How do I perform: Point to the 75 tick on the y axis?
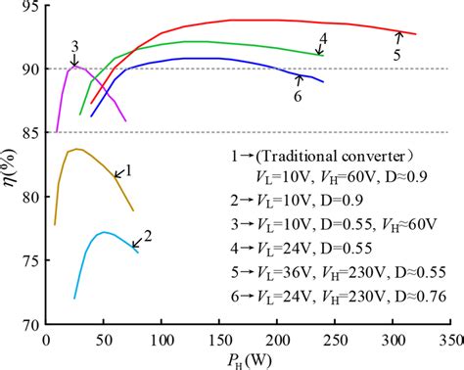[27, 260]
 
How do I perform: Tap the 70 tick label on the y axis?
[27, 324]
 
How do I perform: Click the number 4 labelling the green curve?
[322, 39]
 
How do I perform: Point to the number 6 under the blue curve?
[297, 96]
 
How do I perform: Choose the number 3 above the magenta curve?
[74, 45]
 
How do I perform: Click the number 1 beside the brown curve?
[127, 169]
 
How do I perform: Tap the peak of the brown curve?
[76, 149]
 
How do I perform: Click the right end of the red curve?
[415, 34]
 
